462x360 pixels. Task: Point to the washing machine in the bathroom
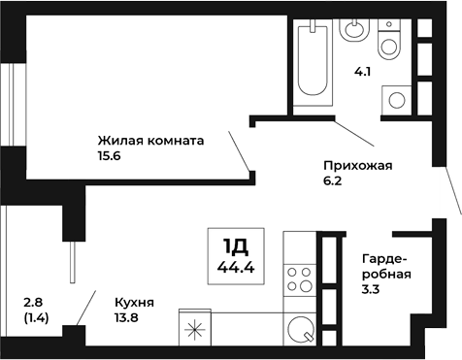398,98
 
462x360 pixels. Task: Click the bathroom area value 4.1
362,70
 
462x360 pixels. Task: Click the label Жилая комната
150,140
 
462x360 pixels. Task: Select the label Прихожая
357,165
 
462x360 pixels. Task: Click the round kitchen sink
300,330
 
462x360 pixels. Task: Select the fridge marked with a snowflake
195,329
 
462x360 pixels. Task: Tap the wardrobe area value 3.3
370,289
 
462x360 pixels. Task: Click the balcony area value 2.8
33,302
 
